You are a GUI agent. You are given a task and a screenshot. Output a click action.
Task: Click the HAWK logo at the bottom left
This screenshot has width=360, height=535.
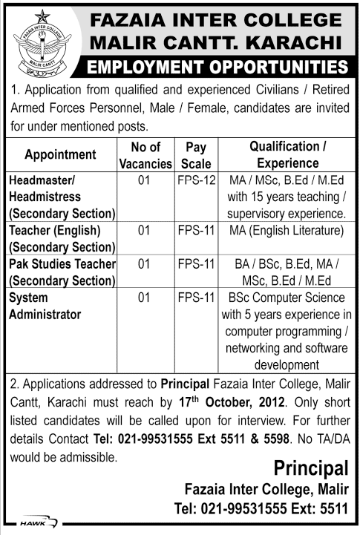tap(34, 523)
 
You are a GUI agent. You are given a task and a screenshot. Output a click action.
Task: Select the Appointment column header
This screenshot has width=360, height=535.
tap(61, 155)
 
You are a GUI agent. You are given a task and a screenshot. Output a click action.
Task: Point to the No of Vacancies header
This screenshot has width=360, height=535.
tap(145, 155)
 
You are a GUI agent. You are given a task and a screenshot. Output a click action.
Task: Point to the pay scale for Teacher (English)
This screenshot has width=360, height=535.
tap(196, 231)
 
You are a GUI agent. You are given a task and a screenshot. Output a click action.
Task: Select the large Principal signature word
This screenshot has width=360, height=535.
tap(310, 468)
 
